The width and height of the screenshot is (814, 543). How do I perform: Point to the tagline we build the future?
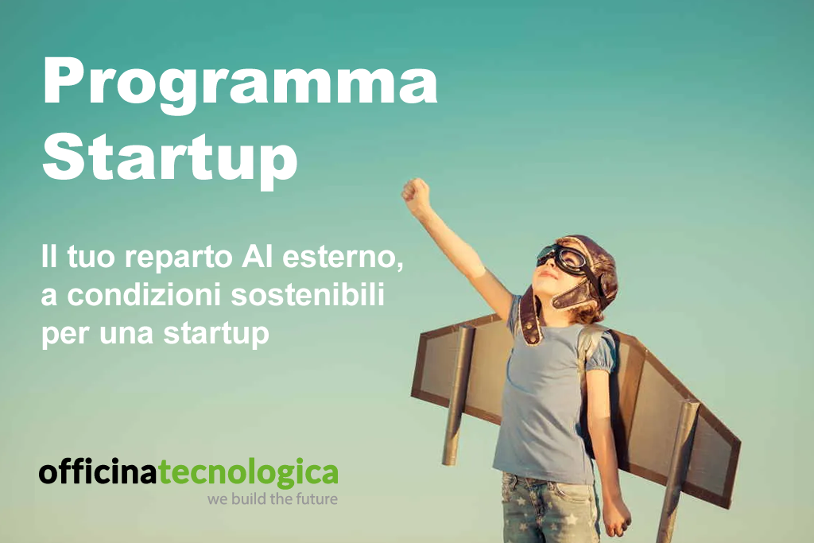pos(272,499)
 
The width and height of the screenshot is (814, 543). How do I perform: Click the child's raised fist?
pos(415,193)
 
